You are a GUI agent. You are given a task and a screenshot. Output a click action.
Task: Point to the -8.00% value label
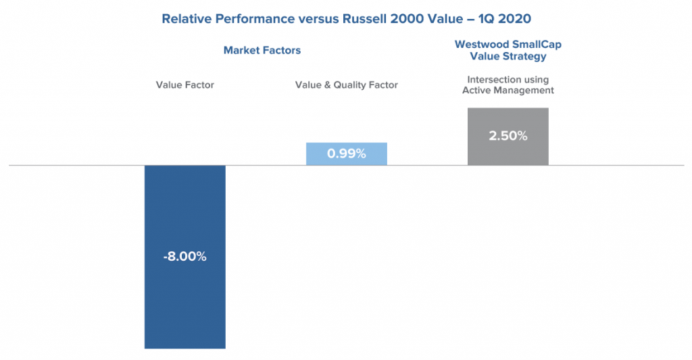pyautogui.click(x=184, y=257)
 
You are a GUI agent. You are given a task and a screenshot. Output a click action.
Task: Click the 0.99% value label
pyautogui.click(x=346, y=154)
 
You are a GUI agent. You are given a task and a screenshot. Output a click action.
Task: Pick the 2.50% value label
pyautogui.click(x=508, y=136)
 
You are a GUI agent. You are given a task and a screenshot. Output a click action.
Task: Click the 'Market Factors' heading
pyautogui.click(x=262, y=50)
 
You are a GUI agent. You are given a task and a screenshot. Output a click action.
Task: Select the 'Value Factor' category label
pyautogui.click(x=184, y=85)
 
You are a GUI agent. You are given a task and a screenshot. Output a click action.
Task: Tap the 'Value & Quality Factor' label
pyautogui.click(x=346, y=85)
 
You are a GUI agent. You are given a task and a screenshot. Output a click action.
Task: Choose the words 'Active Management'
pyautogui.click(x=508, y=91)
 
